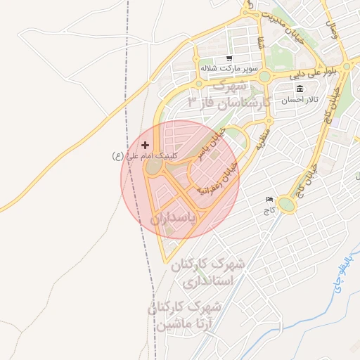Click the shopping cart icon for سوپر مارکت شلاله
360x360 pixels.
click(229, 59)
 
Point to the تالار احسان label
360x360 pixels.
click(300, 100)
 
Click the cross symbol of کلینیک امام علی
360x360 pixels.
click(146, 144)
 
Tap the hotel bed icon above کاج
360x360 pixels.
click(268, 200)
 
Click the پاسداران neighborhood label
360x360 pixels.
click(181, 219)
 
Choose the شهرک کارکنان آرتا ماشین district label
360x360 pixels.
click(186, 316)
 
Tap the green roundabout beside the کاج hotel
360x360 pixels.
click(286, 205)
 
